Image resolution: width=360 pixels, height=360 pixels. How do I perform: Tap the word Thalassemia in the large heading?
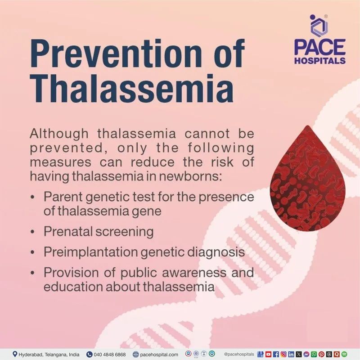[131, 87]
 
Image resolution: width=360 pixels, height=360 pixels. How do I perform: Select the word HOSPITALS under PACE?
[320, 60]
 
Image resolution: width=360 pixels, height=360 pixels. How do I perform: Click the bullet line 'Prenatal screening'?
[99, 232]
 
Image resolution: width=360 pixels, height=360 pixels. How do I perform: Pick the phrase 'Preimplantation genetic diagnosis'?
[144, 252]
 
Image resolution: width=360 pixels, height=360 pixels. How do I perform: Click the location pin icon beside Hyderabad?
[15, 354]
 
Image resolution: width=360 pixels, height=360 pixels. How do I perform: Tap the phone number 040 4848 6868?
[109, 355]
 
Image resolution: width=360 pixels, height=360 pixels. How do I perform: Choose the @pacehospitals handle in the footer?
[238, 355]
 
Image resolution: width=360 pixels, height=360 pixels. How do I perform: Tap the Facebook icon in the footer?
[276, 354]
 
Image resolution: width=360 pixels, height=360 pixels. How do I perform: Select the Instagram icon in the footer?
[283, 354]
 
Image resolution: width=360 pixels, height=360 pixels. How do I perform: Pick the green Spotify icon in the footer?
[344, 354]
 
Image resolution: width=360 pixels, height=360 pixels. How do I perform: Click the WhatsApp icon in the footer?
[314, 354]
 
